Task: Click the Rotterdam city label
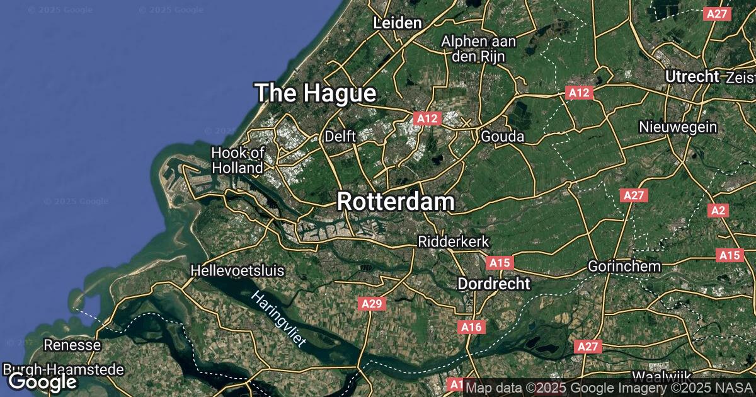(396, 202)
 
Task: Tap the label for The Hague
(316, 94)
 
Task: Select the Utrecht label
(692, 76)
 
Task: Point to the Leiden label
(397, 23)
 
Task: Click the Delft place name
(340, 135)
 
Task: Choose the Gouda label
(502, 136)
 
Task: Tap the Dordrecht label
(493, 284)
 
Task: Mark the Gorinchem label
(624, 266)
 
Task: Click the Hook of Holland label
(238, 160)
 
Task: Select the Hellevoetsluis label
(238, 271)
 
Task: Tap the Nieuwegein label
(678, 127)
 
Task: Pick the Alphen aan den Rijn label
(479, 49)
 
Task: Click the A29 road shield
(372, 304)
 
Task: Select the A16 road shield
(471, 326)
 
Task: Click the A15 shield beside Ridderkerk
(499, 262)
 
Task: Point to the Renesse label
(72, 345)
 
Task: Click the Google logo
(42, 381)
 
